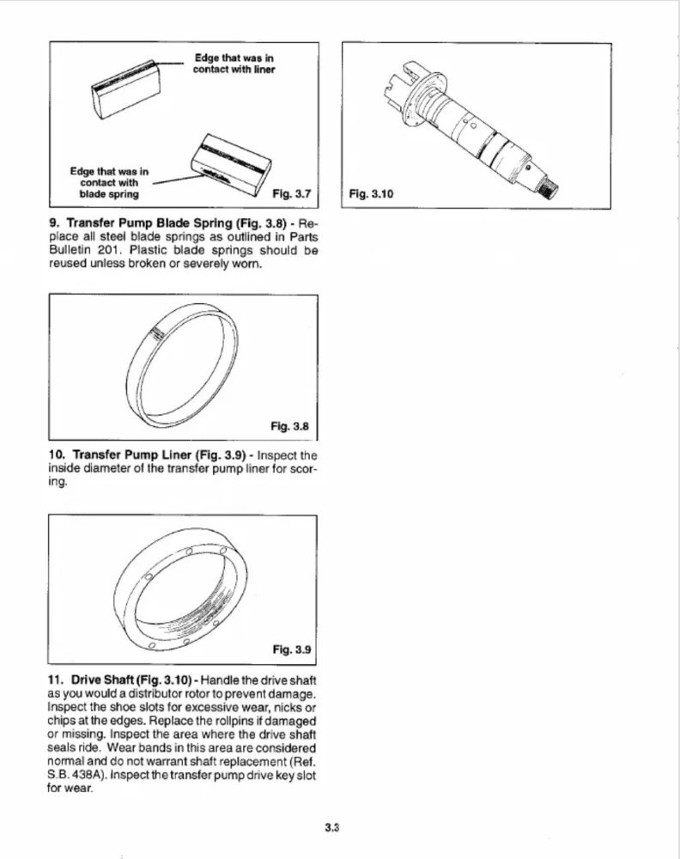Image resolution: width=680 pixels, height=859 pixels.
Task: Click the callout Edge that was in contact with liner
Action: tap(234, 63)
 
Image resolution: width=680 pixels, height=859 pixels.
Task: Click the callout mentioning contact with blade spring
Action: tap(109, 182)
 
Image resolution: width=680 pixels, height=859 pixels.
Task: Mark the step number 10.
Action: tap(57, 454)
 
